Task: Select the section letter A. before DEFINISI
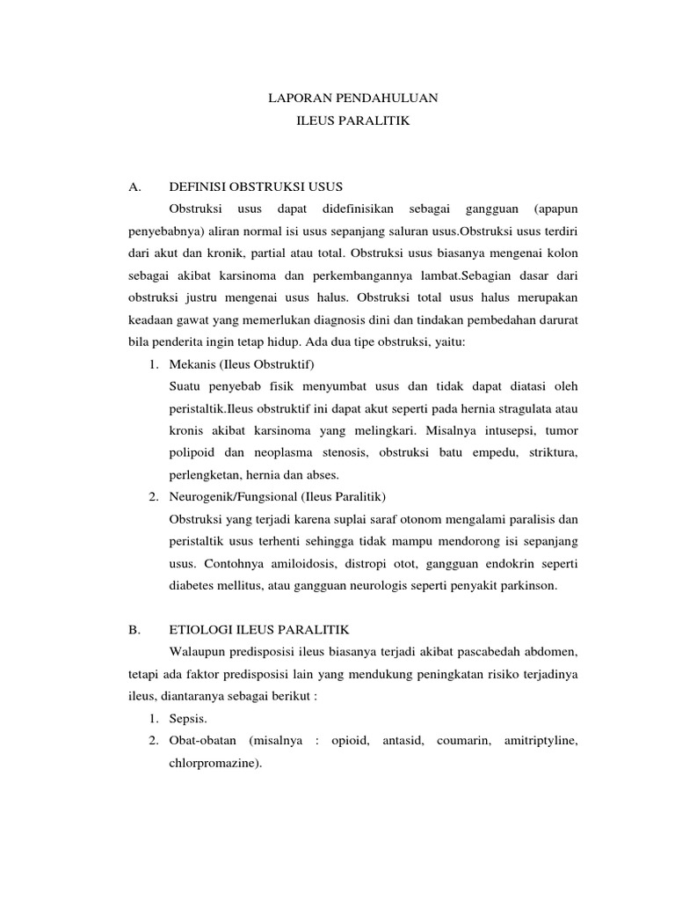134,187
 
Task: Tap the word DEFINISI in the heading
197,187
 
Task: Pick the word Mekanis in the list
191,363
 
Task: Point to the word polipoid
192,452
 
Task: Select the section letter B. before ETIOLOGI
134,630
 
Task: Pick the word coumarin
457,741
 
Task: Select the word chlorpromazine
214,763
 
